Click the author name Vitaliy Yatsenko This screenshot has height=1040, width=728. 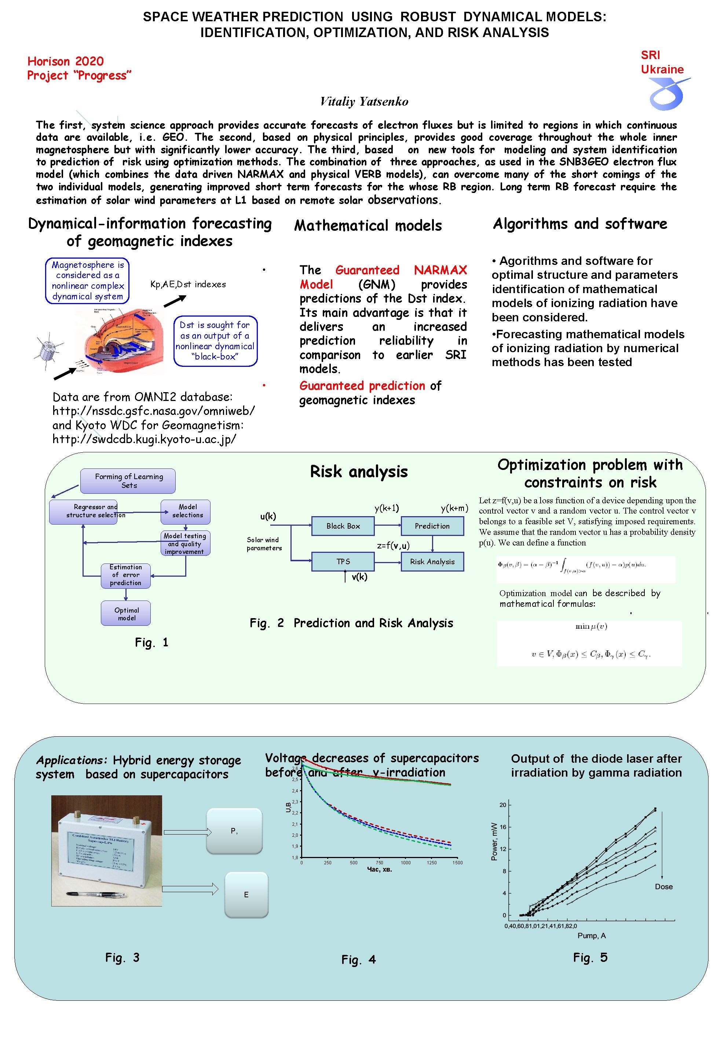tap(364, 102)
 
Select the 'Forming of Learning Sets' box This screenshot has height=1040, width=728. tap(128, 481)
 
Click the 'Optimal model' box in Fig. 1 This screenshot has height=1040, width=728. tap(126, 613)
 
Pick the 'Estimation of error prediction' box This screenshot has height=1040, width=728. tap(125, 575)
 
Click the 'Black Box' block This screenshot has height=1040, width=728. tap(343, 526)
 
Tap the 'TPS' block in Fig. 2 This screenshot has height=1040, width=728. tap(343, 561)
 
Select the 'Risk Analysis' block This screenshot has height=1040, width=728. tap(432, 561)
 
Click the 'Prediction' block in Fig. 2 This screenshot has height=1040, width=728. tap(432, 526)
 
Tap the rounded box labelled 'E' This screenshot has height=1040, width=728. tap(246, 895)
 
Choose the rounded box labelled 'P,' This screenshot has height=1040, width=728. tap(234, 831)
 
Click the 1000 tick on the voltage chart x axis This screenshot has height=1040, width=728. tap(406, 862)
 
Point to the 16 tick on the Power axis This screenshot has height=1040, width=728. tap(502, 826)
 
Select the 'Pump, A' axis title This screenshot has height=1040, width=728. tap(591, 935)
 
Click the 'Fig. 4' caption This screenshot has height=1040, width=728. tap(358, 959)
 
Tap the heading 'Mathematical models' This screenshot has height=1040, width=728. tap(367, 226)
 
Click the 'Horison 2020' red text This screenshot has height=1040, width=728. tap(66, 61)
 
